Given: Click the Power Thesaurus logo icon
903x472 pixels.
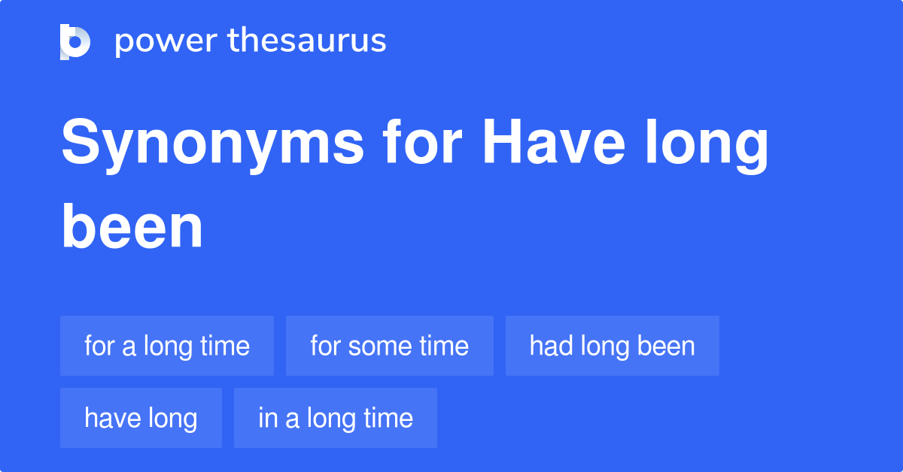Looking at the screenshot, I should point(75,41).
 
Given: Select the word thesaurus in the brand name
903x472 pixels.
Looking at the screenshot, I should point(307,41).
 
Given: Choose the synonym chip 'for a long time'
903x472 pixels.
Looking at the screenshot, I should point(167,346).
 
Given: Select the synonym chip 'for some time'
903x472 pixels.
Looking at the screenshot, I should point(390,346).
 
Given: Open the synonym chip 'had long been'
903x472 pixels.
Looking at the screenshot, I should point(613,346).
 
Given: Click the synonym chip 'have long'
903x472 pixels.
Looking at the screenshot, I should point(141,419).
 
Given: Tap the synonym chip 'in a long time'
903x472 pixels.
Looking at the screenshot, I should point(336,419).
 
